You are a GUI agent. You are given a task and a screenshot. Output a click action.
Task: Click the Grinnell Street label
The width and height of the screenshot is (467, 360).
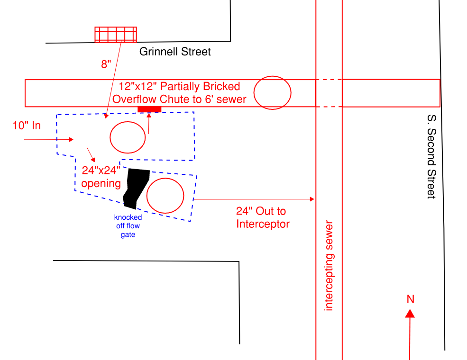175,52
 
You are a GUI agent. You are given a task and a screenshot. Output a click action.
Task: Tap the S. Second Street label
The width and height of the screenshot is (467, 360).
431,156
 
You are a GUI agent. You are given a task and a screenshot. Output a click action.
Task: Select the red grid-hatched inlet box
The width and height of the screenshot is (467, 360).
116,35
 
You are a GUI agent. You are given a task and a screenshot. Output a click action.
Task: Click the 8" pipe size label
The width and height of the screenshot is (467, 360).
106,64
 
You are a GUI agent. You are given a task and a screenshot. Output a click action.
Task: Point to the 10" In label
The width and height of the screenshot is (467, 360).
27,126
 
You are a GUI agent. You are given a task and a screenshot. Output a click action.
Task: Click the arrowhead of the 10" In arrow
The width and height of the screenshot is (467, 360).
71,139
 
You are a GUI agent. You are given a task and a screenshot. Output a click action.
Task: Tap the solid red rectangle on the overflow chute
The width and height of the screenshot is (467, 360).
149,109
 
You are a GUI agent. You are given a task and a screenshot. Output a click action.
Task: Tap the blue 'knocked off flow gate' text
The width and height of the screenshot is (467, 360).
128,226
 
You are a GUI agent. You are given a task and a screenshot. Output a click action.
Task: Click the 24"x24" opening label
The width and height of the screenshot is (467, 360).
101,177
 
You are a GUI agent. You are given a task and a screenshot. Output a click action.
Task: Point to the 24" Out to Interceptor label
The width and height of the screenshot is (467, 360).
263,217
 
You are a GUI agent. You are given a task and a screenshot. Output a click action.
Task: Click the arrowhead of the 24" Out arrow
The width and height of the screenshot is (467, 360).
312,199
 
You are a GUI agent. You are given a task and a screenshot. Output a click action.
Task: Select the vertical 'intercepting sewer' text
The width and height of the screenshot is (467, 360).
329,266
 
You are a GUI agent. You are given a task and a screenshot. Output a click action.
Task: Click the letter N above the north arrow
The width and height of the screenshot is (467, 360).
411,299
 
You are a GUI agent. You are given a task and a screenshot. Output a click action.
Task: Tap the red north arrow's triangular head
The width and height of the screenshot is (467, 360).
410,314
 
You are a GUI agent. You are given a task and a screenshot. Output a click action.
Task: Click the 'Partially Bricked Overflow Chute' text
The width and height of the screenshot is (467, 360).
179,92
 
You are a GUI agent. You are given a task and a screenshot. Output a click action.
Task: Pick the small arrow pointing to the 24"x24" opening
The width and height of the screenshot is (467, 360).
91,154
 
